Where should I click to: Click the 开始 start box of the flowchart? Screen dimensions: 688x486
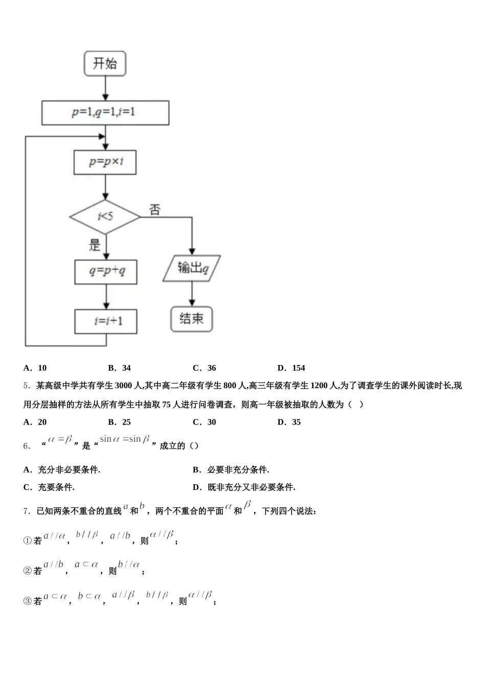105,63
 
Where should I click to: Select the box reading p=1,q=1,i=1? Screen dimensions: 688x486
105,113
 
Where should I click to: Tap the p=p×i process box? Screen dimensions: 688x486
105,162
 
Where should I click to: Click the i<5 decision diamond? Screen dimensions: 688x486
105,217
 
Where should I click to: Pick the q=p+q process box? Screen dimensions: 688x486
106,271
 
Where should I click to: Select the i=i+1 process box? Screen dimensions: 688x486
106,321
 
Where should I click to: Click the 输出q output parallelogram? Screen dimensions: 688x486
192,268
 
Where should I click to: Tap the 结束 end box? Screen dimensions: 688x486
191,319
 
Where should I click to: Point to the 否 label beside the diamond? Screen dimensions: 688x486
154,209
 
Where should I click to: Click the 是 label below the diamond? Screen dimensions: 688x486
95,245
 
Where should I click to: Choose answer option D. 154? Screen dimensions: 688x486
292,368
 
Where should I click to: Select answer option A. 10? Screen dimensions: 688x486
35,368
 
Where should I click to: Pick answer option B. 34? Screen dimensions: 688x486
120,368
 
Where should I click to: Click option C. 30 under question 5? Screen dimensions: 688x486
205,422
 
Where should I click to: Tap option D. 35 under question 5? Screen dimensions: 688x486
290,422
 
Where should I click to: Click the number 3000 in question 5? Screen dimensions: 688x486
124,385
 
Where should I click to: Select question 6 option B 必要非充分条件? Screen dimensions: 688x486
231,469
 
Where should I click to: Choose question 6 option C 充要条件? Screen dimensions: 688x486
49,487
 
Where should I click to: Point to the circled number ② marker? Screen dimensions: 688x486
28,571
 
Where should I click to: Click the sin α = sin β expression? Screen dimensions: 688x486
125,439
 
